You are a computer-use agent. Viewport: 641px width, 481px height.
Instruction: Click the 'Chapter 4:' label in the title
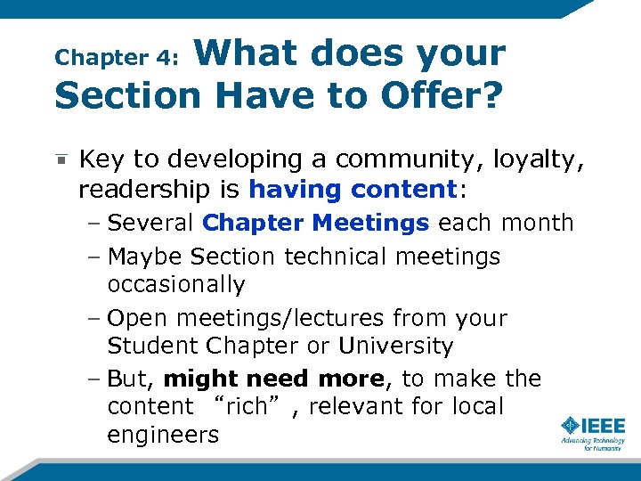(118, 58)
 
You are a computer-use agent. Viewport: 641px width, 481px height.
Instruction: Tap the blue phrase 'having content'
(352, 190)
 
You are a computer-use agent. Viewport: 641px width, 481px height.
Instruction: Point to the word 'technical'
(339, 257)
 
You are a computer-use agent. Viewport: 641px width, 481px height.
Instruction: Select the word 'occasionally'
(175, 285)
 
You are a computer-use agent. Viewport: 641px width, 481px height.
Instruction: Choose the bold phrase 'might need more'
(274, 379)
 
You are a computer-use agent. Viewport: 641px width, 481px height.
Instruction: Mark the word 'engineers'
(163, 436)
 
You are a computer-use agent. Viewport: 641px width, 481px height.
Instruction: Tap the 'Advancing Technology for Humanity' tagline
(592, 444)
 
